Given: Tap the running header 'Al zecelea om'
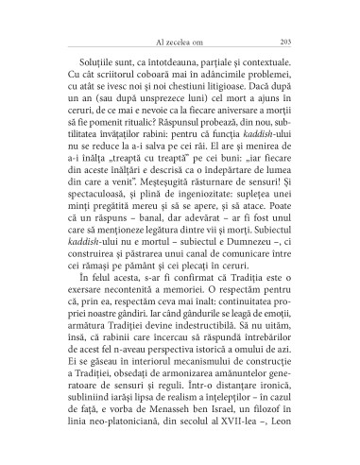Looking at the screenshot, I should [180, 42].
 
